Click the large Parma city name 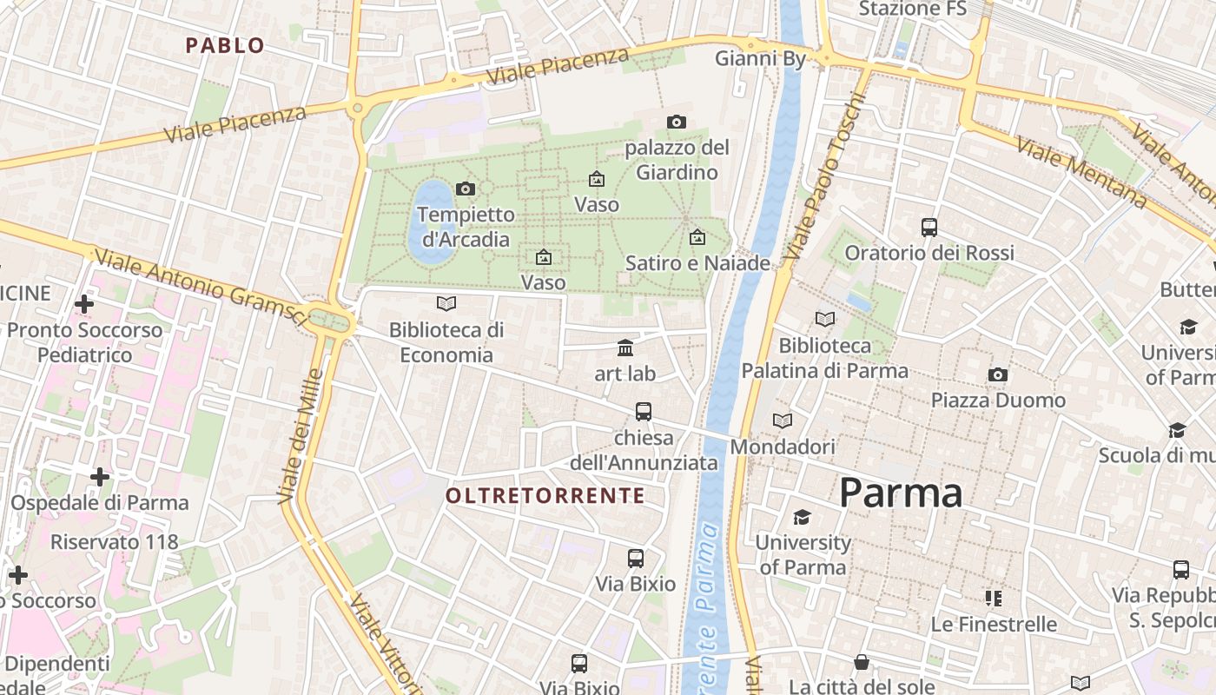(901, 493)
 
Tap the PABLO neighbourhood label (225, 46)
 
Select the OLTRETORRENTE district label (545, 496)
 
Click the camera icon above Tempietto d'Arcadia (466, 189)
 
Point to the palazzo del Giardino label (677, 160)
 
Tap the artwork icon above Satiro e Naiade (697, 237)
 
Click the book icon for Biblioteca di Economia (446, 304)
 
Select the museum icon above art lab (625, 348)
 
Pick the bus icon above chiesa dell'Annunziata (644, 412)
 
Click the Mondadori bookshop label (783, 447)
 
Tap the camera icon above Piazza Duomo (998, 374)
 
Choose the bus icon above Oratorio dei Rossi (929, 228)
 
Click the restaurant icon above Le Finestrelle (994, 598)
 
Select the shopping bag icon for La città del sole (862, 663)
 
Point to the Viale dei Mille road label (301, 436)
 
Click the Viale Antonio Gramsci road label (200, 285)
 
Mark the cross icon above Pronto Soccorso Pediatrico (84, 304)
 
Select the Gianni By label (760, 58)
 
